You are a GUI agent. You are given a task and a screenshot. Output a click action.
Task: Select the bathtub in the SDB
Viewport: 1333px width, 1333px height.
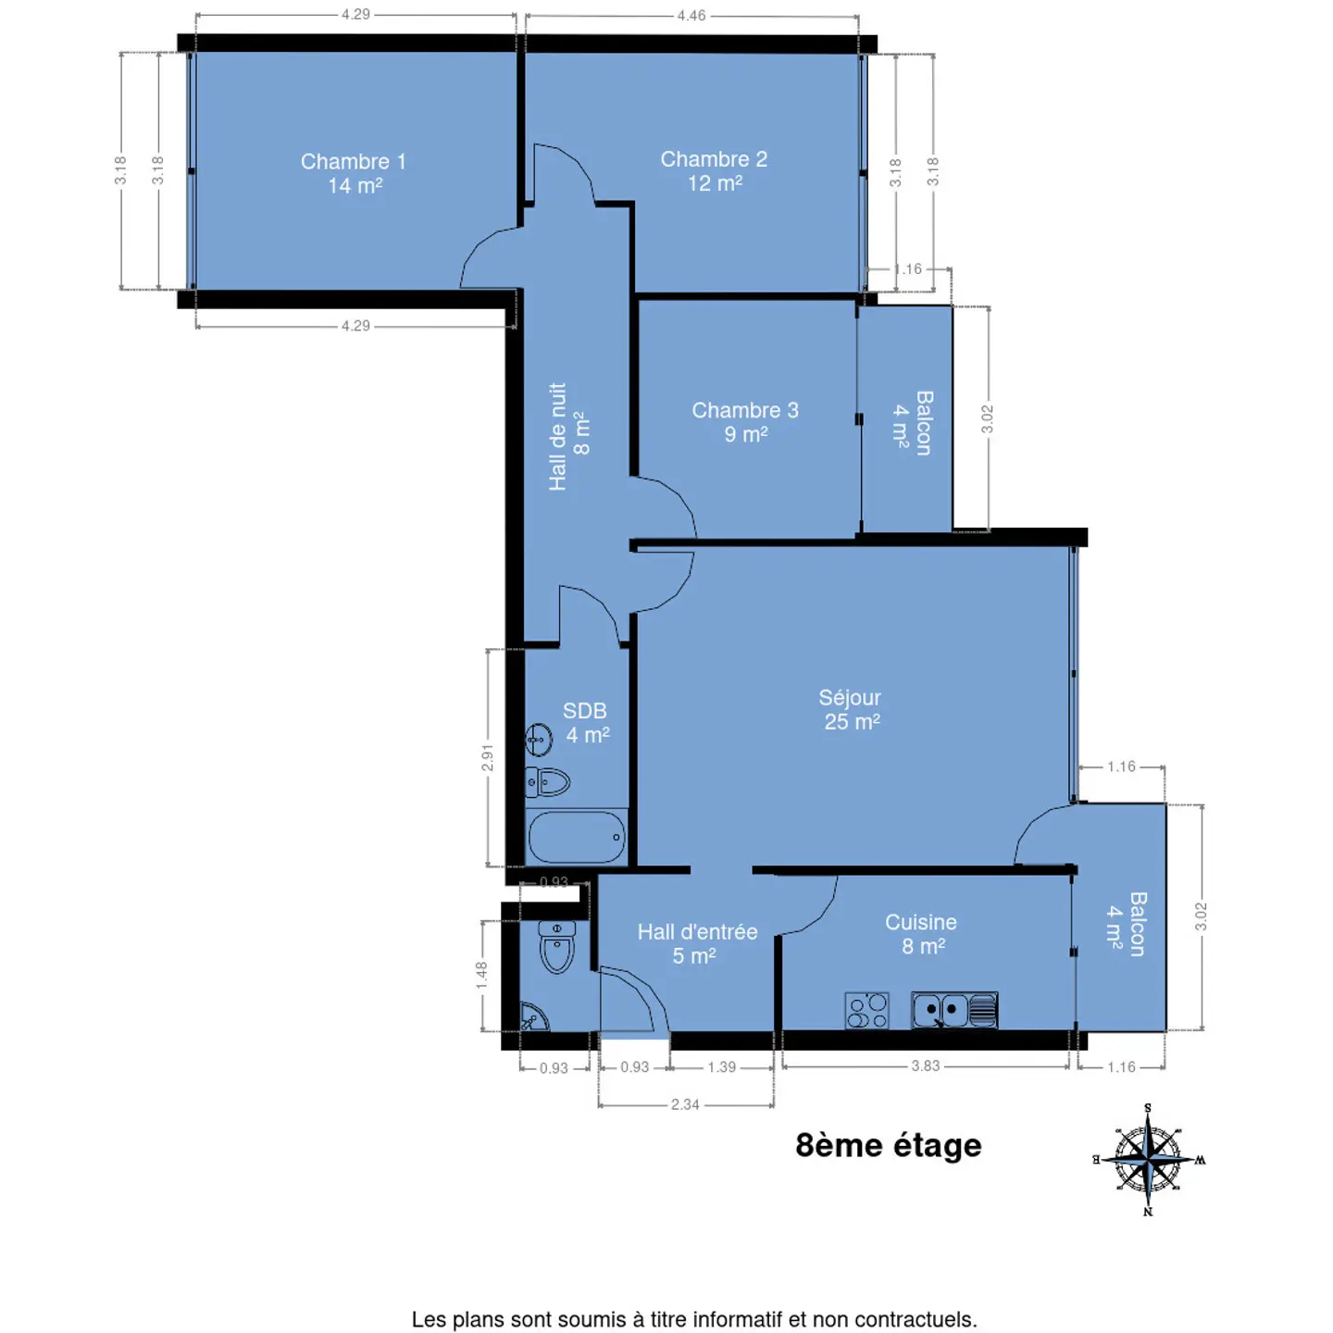click(x=576, y=837)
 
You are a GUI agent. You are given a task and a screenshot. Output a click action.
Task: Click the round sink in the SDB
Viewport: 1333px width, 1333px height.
click(x=539, y=740)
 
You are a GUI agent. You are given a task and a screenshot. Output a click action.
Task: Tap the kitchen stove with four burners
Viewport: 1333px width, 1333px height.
click(x=866, y=1011)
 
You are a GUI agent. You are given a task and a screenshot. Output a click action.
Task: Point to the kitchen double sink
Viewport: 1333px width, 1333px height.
click(x=953, y=1010)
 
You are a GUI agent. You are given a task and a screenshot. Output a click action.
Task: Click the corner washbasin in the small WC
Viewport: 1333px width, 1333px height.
click(x=533, y=1017)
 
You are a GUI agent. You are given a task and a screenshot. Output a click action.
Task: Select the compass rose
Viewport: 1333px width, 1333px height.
click(x=1148, y=1159)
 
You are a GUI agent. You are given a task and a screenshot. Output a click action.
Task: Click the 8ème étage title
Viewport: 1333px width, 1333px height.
click(x=889, y=1145)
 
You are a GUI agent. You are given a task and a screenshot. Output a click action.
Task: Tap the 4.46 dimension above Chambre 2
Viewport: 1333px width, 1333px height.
click(x=691, y=15)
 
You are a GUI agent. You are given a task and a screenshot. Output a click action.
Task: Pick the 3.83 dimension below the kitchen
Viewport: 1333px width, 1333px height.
click(x=926, y=1066)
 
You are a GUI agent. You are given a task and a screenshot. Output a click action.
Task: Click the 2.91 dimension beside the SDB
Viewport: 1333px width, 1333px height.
click(x=488, y=757)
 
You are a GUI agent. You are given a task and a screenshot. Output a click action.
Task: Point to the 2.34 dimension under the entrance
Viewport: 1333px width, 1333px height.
click(x=685, y=1104)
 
